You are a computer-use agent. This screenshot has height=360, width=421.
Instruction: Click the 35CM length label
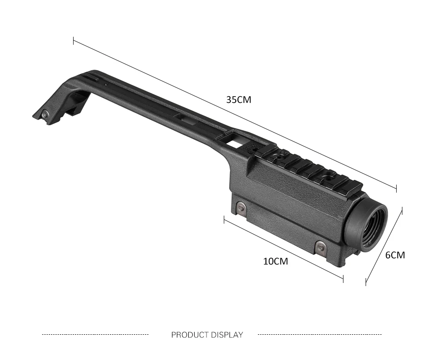click(239, 100)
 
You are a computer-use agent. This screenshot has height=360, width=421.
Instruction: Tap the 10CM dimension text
click(276, 261)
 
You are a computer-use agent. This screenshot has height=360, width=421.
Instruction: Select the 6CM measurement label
click(395, 255)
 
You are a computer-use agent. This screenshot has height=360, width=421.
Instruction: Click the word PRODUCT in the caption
click(190, 335)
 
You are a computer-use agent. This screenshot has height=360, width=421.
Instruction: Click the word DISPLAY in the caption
click(227, 335)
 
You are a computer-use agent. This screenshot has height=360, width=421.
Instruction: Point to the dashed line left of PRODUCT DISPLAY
click(95, 334)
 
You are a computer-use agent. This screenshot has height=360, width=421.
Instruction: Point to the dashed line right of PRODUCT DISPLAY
click(320, 334)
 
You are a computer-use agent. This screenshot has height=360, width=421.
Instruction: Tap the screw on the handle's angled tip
click(45, 115)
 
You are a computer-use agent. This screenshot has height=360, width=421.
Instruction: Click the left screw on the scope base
click(241, 206)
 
